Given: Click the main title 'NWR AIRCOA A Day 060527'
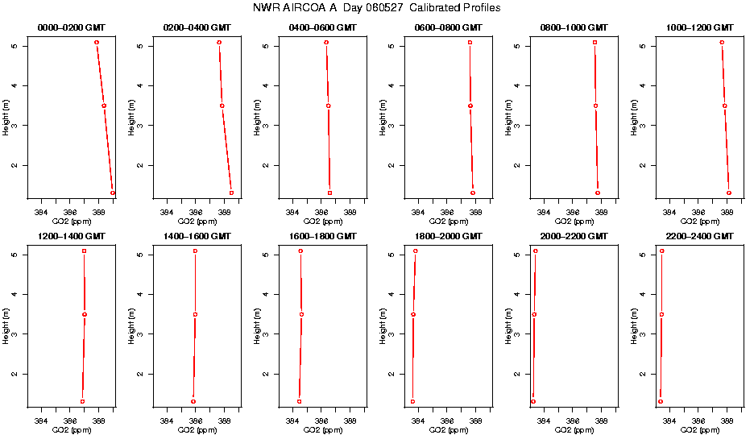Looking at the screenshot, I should (x=377, y=8).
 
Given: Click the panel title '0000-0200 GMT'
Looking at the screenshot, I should (x=72, y=27).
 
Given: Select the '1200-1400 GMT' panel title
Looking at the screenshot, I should (x=72, y=236).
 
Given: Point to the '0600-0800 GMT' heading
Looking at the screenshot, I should (x=449, y=27).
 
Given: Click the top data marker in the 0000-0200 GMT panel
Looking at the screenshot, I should (x=97, y=42).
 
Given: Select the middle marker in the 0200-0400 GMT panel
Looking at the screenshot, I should (x=222, y=106).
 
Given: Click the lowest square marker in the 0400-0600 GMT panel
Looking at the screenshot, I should (x=329, y=193).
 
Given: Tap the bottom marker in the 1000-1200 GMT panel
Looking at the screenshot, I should (x=729, y=193).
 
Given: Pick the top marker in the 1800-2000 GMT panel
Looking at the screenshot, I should (x=416, y=251).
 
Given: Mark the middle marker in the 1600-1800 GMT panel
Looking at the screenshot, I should (x=301, y=314).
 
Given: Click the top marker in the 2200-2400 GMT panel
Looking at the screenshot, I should (x=662, y=251).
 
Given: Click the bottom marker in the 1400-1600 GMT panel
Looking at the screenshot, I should (x=193, y=401).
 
